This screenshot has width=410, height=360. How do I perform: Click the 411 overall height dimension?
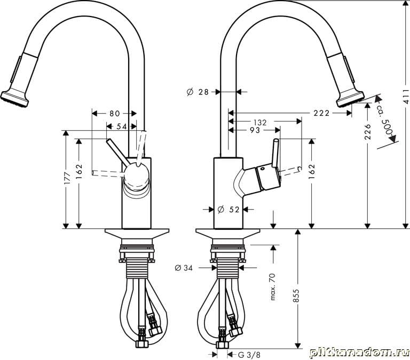[405, 97]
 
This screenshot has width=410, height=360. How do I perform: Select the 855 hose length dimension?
[296, 295]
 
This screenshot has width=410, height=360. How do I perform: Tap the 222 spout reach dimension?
[321, 113]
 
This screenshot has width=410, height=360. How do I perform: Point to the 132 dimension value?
[260, 122]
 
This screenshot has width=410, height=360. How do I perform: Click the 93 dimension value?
[255, 130]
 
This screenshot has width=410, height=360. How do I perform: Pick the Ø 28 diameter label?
[198, 92]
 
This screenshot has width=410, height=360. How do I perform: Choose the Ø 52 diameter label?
[228, 210]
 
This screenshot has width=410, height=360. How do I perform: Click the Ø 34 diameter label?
[184, 268]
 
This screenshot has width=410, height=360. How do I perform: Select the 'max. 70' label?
[272, 286]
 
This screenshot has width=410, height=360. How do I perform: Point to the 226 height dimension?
[368, 131]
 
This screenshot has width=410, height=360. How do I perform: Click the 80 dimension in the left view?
[115, 114]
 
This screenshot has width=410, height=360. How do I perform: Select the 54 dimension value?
[121, 126]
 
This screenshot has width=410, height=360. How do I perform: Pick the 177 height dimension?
[67, 178]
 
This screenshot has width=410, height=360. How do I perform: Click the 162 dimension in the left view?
[79, 171]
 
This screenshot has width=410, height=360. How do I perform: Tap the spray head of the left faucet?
[15, 99]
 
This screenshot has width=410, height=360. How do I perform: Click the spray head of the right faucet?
[350, 99]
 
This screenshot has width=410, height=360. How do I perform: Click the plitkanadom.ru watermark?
[359, 353]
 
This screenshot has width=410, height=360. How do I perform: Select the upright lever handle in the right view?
[275, 153]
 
